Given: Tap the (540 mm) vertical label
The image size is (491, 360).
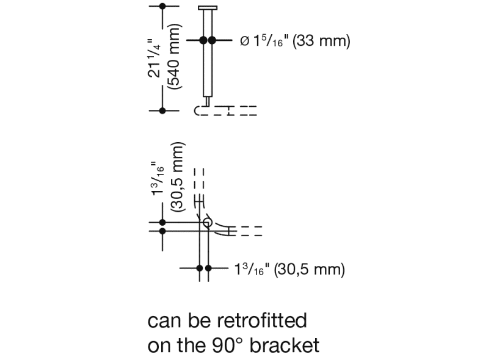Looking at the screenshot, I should pyautogui.click(x=175, y=58).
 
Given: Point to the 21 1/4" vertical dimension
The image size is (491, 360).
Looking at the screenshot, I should pyautogui.click(x=155, y=58).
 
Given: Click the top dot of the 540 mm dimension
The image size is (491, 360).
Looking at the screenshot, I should pyautogui.click(x=162, y=6).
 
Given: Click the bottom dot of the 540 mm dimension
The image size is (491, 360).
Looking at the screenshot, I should pyautogui.click(x=162, y=110).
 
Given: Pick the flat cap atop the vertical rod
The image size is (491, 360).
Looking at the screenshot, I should pyautogui.click(x=208, y=8).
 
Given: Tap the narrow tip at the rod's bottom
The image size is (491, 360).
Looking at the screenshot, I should pyautogui.click(x=208, y=101).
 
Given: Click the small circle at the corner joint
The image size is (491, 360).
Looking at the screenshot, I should pyautogui.click(x=208, y=223).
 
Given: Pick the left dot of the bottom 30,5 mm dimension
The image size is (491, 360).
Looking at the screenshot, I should pyautogui.click(x=200, y=268).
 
